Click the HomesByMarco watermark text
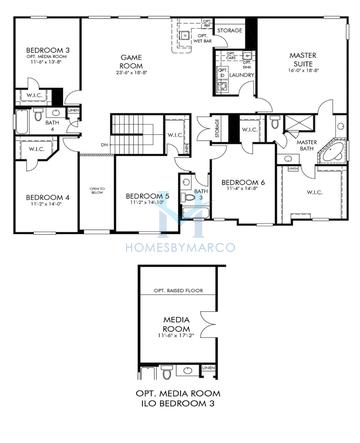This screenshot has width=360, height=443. click(x=180, y=245)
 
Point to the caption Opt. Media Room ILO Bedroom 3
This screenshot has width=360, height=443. click(x=180, y=400)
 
